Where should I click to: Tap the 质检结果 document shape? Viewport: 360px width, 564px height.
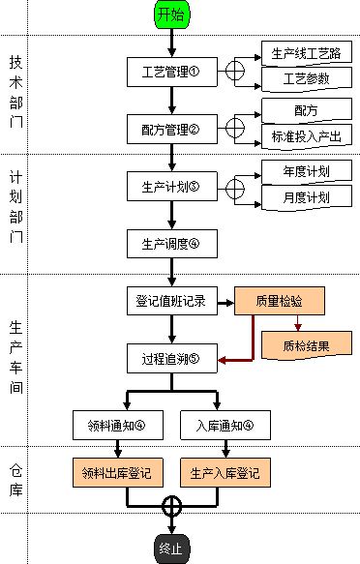click(x=307, y=341)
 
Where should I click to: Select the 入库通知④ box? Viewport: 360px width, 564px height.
click(x=225, y=424)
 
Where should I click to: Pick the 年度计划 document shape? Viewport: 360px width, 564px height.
click(x=307, y=173)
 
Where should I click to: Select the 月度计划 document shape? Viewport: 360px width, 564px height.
click(x=307, y=196)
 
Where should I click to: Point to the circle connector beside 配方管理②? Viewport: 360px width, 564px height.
click(x=234, y=127)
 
